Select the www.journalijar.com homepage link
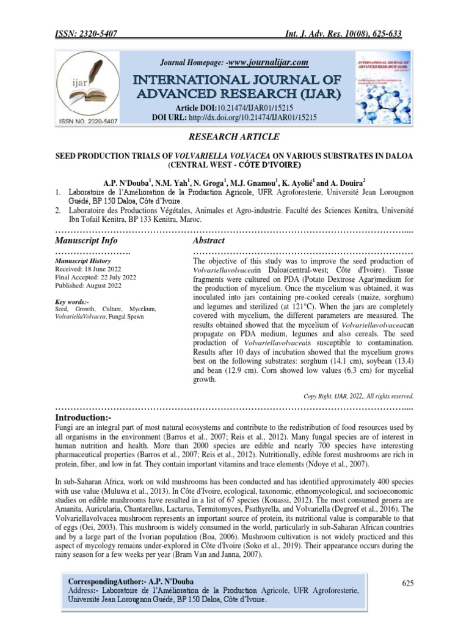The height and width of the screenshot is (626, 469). pos(267,62)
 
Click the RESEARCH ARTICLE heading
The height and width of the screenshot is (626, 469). pos(234,136)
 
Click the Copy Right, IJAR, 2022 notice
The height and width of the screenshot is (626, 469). pos(358,396)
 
